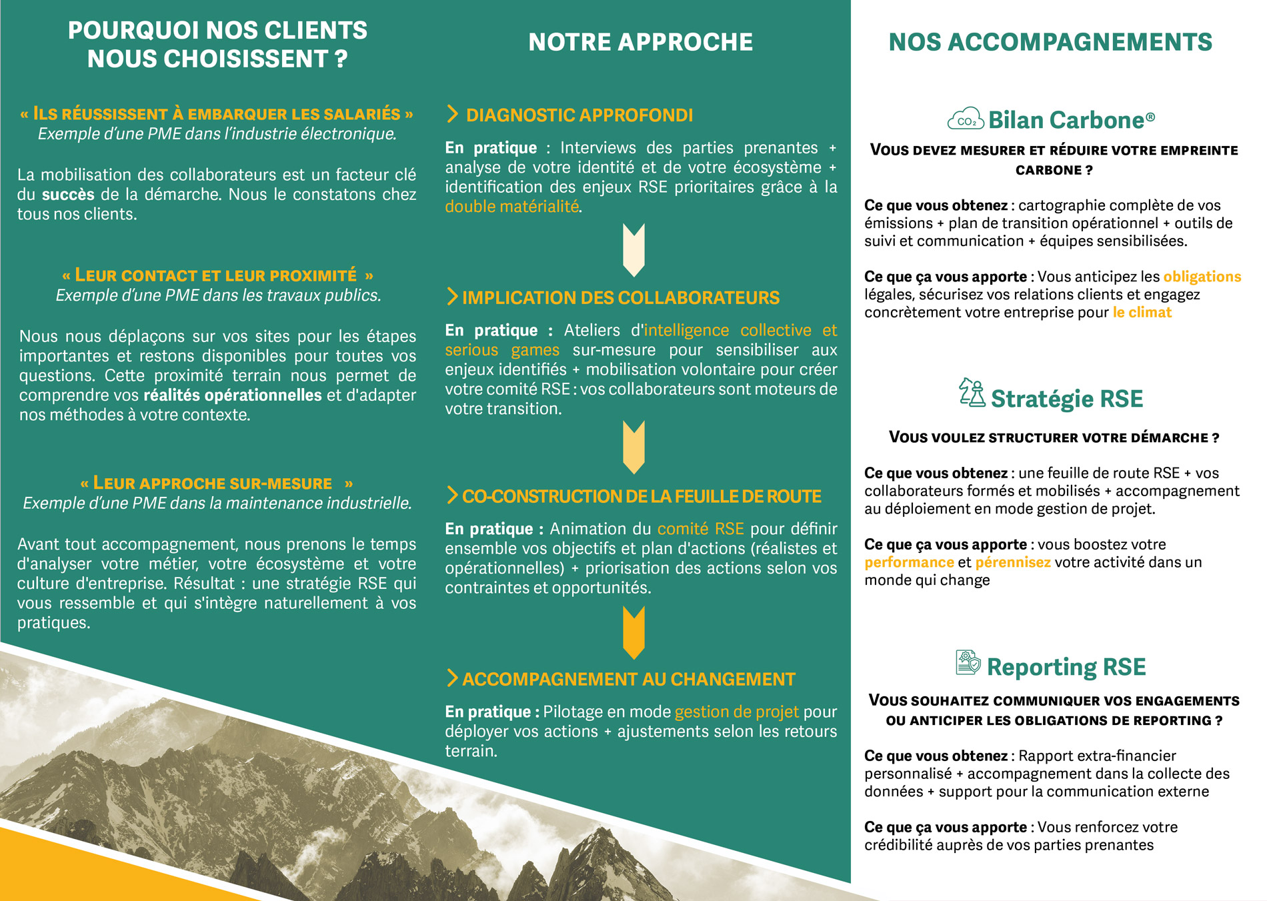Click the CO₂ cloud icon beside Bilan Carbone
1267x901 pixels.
pos(965,119)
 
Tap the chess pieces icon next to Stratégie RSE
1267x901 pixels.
pos(972,393)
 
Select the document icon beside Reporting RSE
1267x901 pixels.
pos(968,663)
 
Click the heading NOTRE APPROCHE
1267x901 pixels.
pos(640,42)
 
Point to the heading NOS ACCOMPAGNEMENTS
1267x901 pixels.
pos(1050,42)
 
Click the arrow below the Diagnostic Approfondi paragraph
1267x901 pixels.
pos(633,249)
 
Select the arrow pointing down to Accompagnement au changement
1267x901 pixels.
pos(633,632)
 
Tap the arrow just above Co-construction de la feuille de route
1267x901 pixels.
pos(633,447)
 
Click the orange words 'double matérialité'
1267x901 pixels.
pos(512,207)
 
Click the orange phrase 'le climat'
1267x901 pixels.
pos(1142,312)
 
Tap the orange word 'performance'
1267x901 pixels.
pos(909,562)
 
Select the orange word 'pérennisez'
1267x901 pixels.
pos(1012,562)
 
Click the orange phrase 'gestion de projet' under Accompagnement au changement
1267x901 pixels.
pos(736,712)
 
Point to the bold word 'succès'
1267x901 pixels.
pos(68,195)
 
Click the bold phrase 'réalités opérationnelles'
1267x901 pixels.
pos(232,395)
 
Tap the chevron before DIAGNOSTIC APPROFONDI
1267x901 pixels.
pos(452,115)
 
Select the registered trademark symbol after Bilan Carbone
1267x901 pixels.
pos(1150,116)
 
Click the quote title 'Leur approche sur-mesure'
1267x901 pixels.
pos(213,484)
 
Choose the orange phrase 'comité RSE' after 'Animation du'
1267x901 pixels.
pos(700,529)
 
